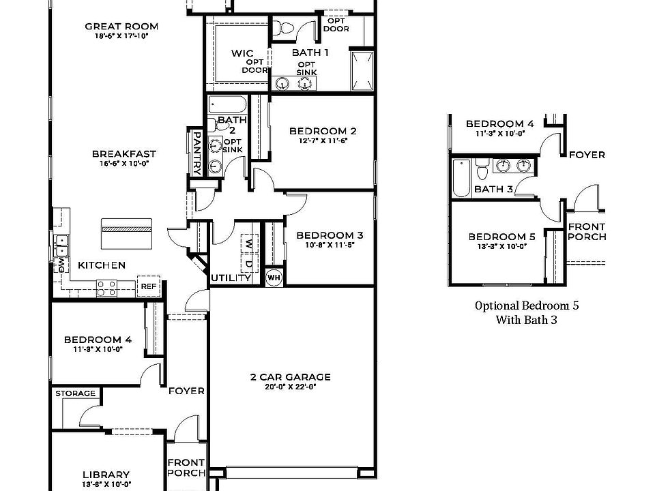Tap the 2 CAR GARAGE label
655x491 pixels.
(x=290, y=376)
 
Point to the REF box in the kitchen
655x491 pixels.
(x=148, y=287)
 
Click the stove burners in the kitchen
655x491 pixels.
(x=106, y=288)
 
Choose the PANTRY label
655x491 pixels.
(x=196, y=153)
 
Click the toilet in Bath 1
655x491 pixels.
(x=285, y=28)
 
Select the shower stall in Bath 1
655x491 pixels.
(x=362, y=70)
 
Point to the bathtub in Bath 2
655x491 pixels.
(x=228, y=105)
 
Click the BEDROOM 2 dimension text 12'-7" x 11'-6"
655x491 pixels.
(x=323, y=141)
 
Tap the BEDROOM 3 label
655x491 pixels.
(x=330, y=236)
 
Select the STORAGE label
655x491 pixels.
(x=75, y=393)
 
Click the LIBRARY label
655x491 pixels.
(x=106, y=475)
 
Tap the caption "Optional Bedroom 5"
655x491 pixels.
(x=527, y=306)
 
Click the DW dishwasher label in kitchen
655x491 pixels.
(x=61, y=263)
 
